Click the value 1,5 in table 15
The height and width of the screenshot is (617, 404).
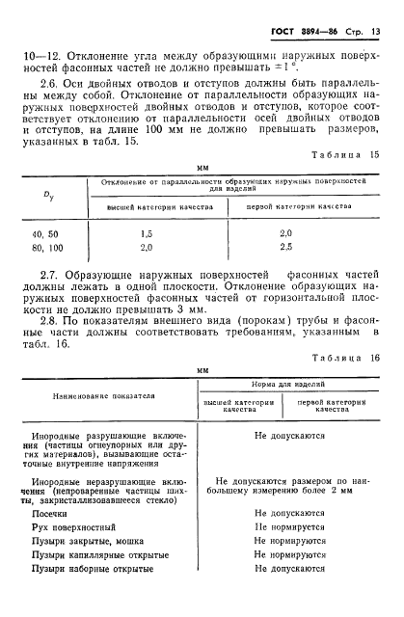[x=147, y=234]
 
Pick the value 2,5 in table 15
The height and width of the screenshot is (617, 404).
[x=285, y=248]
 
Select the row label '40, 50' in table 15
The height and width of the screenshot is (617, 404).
[x=43, y=234]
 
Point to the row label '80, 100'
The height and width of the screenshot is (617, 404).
[x=45, y=248]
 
